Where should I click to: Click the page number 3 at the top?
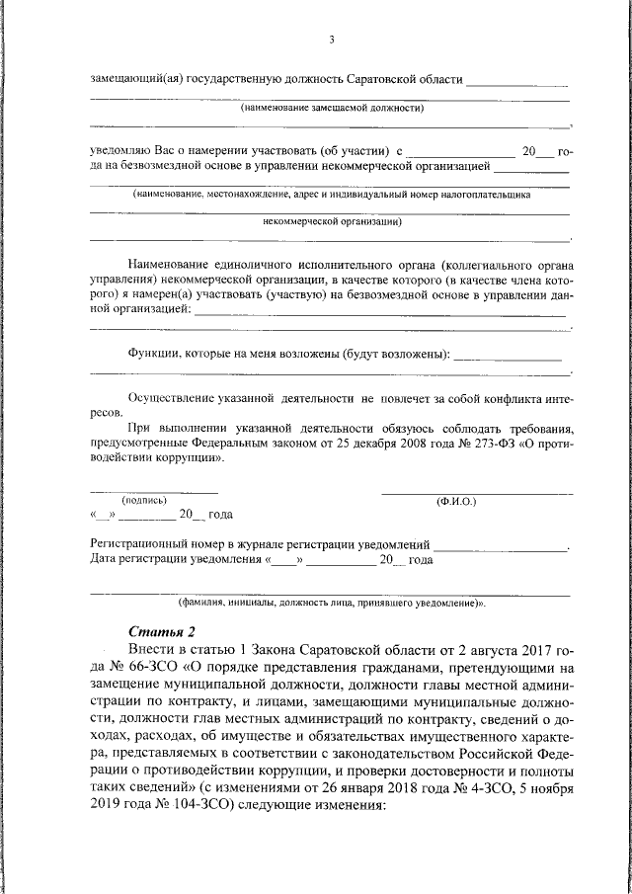click(332, 41)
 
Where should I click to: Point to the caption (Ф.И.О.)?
click(456, 501)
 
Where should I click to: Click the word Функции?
click(152, 354)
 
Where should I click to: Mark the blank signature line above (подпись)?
click(153, 491)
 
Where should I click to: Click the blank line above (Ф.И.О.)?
click(476, 492)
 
